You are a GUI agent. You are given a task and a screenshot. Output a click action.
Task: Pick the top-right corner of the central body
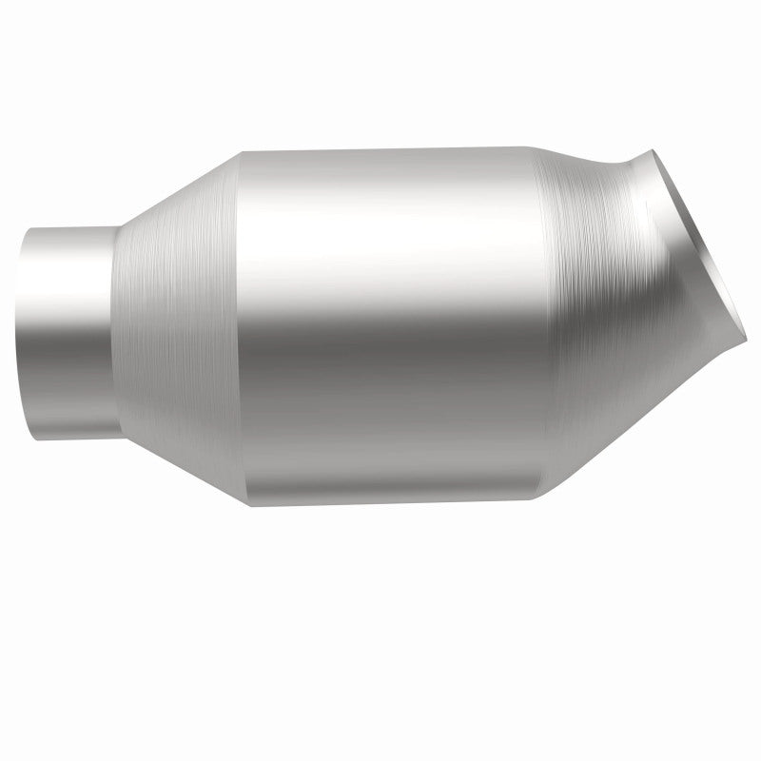[529, 147]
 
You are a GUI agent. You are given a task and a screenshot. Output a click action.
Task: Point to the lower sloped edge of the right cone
[647, 419]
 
